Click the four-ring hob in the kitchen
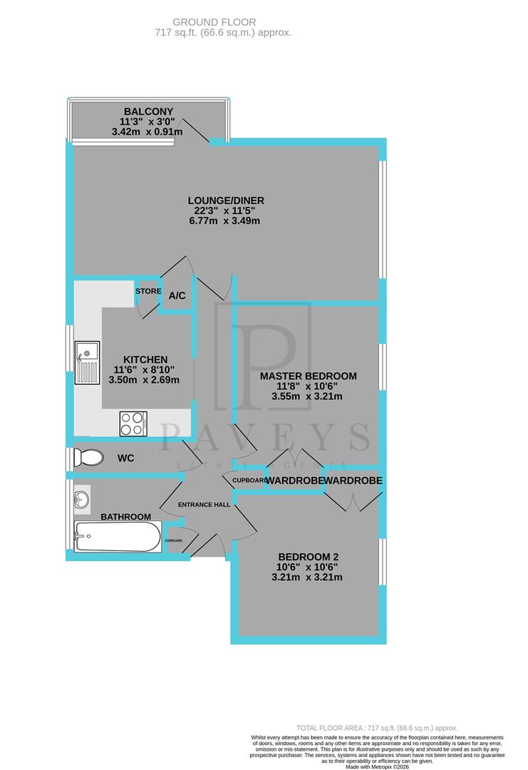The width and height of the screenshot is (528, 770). [x=133, y=423]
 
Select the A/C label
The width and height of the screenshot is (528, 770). [x=177, y=295]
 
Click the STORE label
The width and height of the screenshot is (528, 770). [x=147, y=291]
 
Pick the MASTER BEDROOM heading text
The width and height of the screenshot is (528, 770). [x=308, y=376]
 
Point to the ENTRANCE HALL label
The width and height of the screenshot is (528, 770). [x=204, y=505]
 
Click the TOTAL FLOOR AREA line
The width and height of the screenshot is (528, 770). [x=378, y=728]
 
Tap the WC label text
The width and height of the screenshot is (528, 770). [x=125, y=458]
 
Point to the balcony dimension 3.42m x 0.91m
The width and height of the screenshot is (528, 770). [x=147, y=132]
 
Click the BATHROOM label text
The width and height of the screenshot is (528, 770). [x=125, y=516]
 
